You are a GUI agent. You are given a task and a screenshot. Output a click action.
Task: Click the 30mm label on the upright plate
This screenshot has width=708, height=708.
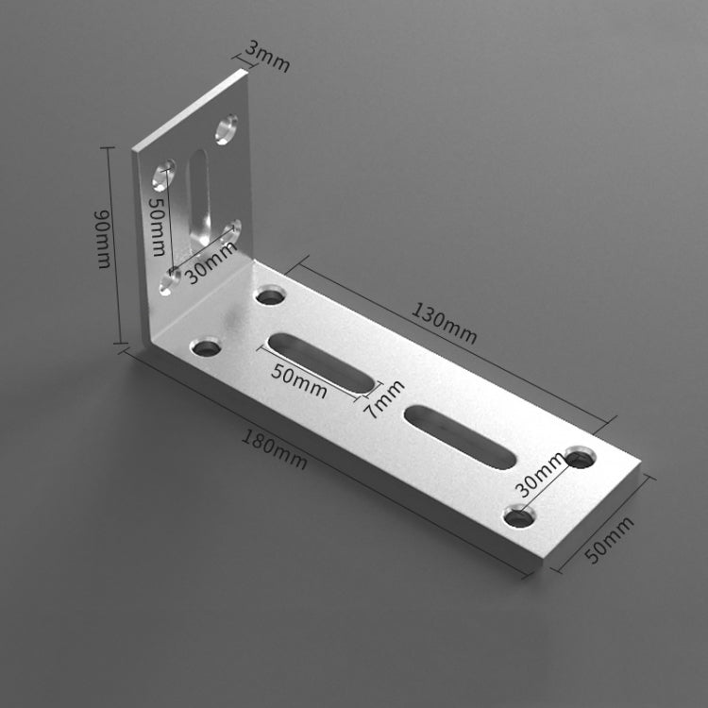pyautogui.click(x=211, y=262)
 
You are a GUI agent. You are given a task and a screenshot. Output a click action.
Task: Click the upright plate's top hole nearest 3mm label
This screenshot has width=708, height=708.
pyautogui.click(x=227, y=128)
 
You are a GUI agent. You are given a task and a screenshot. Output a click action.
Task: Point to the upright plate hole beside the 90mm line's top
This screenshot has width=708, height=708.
pyautogui.click(x=163, y=175)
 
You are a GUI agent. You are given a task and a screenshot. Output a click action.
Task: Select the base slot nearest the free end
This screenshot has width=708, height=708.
pyautogui.click(x=460, y=435)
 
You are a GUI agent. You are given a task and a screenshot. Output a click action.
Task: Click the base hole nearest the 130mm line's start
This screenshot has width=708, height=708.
pyautogui.click(x=271, y=295)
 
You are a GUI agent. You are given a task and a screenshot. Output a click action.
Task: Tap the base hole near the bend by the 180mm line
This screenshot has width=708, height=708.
pyautogui.click(x=206, y=348)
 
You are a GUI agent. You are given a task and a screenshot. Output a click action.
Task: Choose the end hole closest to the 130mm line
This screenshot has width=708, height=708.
pyautogui.click(x=581, y=459)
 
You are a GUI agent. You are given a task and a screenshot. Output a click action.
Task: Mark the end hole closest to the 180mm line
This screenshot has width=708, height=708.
pyautogui.click(x=518, y=516)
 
